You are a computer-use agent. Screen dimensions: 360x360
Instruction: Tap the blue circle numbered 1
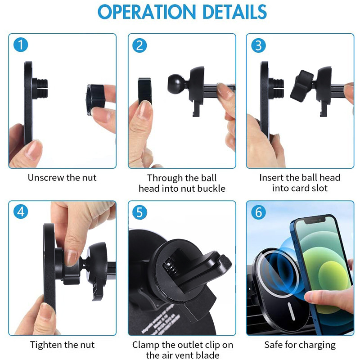pyautogui.click(x=21, y=45)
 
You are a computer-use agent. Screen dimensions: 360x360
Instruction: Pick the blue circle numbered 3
pyautogui.click(x=258, y=45)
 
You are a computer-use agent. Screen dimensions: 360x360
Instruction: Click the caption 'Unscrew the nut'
pyautogui.click(x=62, y=177)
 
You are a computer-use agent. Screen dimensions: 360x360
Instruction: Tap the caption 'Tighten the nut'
pyautogui.click(x=62, y=345)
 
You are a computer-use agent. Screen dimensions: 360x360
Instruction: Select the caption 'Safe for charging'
pyautogui.click(x=300, y=345)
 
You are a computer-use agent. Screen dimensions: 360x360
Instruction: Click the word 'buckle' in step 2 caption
pyautogui.click(x=209, y=189)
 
